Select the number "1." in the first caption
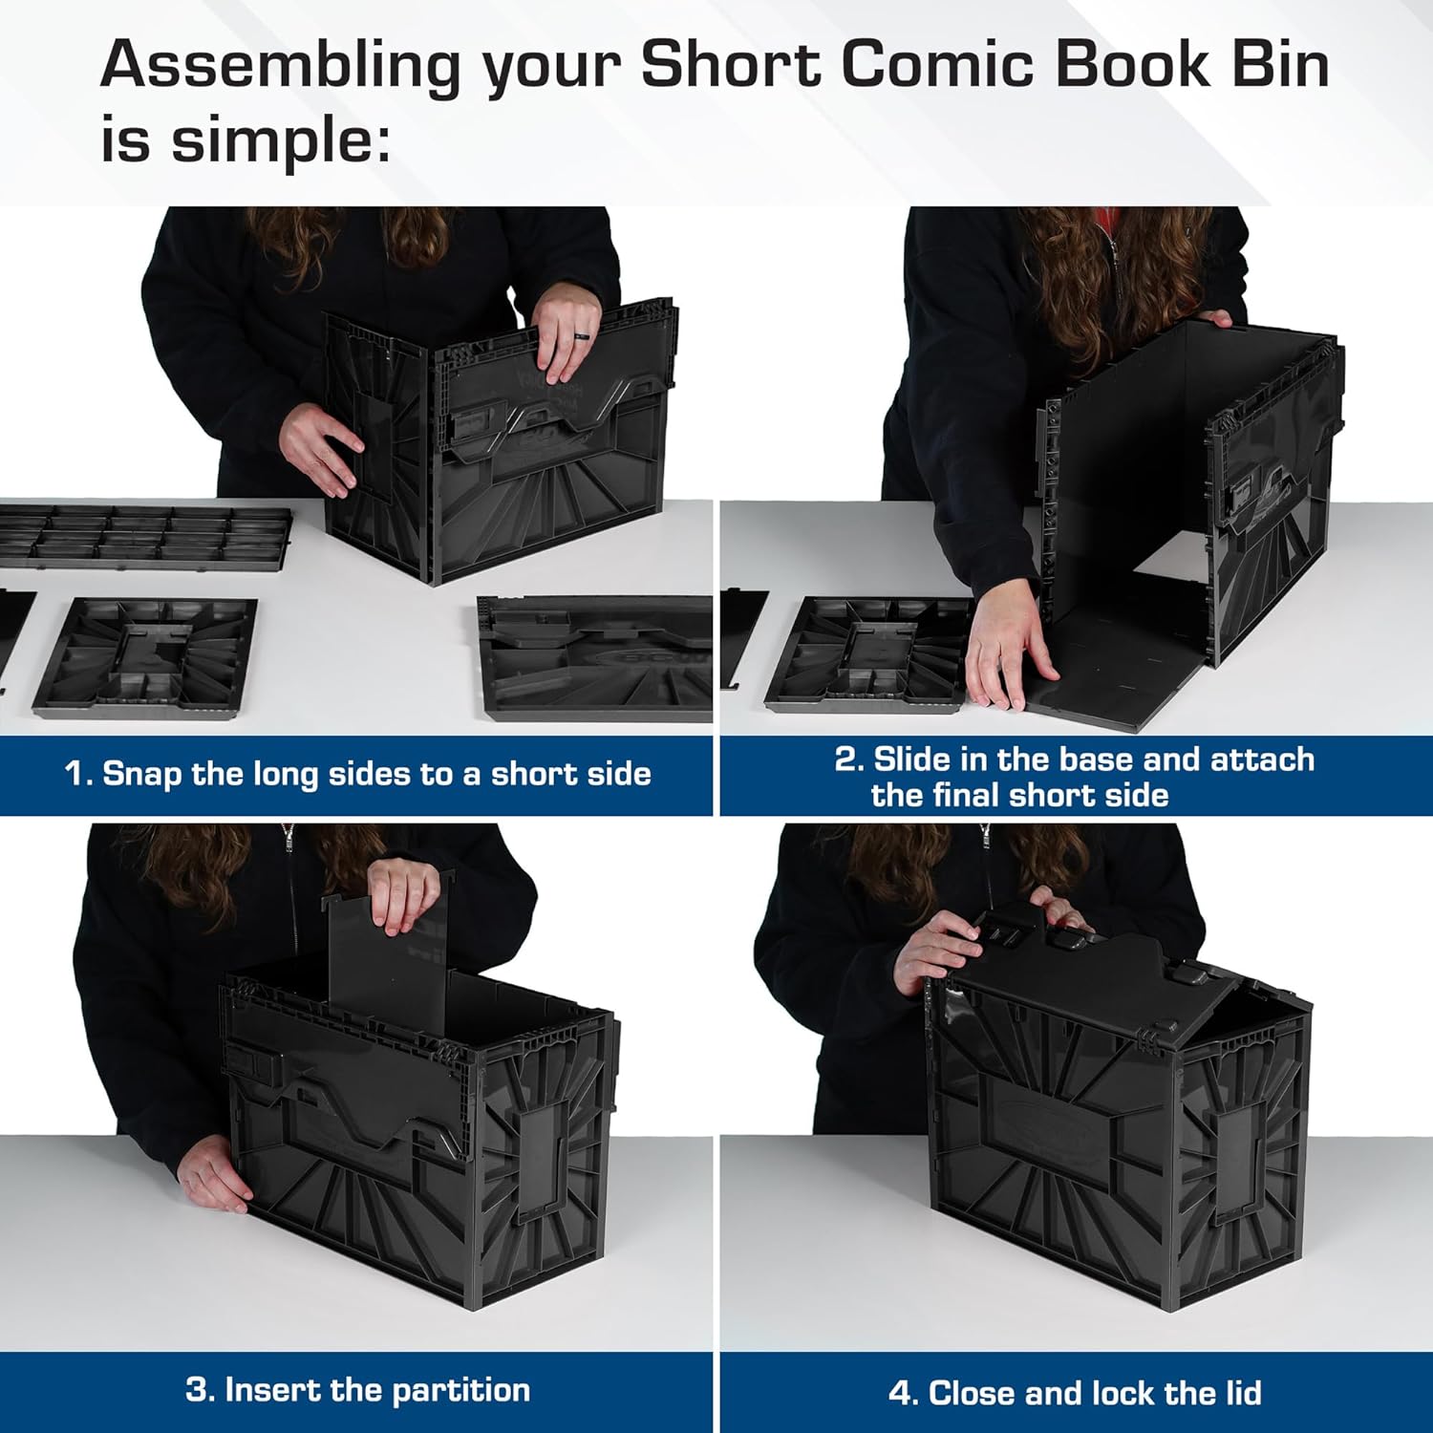point(77,774)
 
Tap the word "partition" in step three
point(460,1390)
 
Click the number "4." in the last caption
point(903,1393)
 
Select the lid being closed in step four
point(1070,974)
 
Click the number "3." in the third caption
point(199,1390)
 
